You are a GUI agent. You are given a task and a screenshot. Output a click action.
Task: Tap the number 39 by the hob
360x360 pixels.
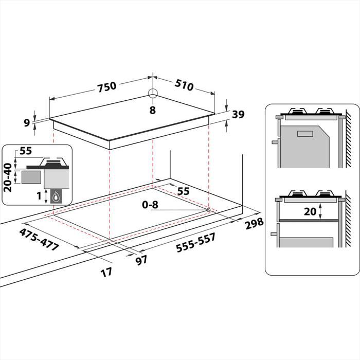pos(238,115)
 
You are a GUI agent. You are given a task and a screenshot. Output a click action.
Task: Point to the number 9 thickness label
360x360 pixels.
pos(27,122)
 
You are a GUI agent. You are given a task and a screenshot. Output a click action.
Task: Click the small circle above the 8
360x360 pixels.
pos(153,94)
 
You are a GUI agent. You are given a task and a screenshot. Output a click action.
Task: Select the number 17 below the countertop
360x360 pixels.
pos(106,272)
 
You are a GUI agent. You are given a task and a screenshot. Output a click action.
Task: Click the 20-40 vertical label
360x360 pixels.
pos(8,177)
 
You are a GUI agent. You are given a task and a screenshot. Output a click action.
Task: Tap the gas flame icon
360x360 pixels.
pos(56,196)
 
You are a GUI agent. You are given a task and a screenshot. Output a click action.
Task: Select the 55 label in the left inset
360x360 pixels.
pos(25,152)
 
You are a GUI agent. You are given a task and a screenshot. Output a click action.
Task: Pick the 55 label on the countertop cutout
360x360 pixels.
pos(183,191)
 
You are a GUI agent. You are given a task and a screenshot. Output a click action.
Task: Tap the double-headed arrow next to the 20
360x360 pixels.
pos(320,211)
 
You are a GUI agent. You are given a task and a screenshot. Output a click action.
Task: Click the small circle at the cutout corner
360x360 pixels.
pos(208,210)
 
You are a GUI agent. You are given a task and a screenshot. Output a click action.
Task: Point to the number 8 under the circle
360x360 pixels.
pos(152,110)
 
